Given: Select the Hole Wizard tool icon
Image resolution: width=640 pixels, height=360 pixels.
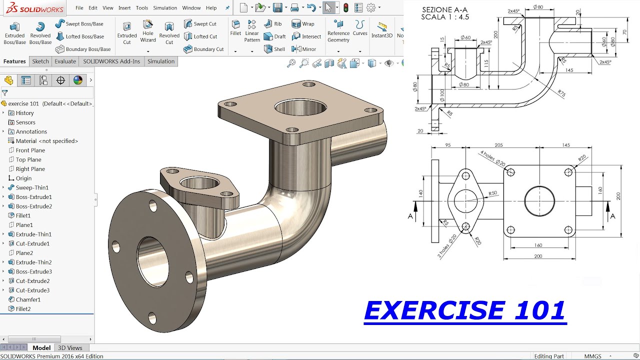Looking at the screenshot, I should (x=148, y=31).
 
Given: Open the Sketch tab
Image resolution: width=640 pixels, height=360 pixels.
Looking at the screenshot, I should (x=40, y=61).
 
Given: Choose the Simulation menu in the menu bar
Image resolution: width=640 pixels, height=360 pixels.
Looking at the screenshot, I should (x=165, y=8).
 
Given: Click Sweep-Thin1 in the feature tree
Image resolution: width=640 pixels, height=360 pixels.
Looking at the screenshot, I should (x=32, y=187).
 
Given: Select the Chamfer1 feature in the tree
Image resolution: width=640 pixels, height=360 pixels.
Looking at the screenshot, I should (x=28, y=299).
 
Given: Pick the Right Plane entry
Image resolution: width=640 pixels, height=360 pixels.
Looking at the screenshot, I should (x=30, y=169).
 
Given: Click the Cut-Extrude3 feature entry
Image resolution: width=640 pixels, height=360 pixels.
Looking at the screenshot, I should (x=32, y=290).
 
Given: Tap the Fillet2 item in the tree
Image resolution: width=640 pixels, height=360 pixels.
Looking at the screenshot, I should (x=23, y=309).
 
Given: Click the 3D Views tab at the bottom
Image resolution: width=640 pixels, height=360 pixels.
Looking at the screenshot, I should (x=70, y=348).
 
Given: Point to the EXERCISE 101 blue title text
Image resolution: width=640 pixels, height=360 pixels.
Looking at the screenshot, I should (x=465, y=310).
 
